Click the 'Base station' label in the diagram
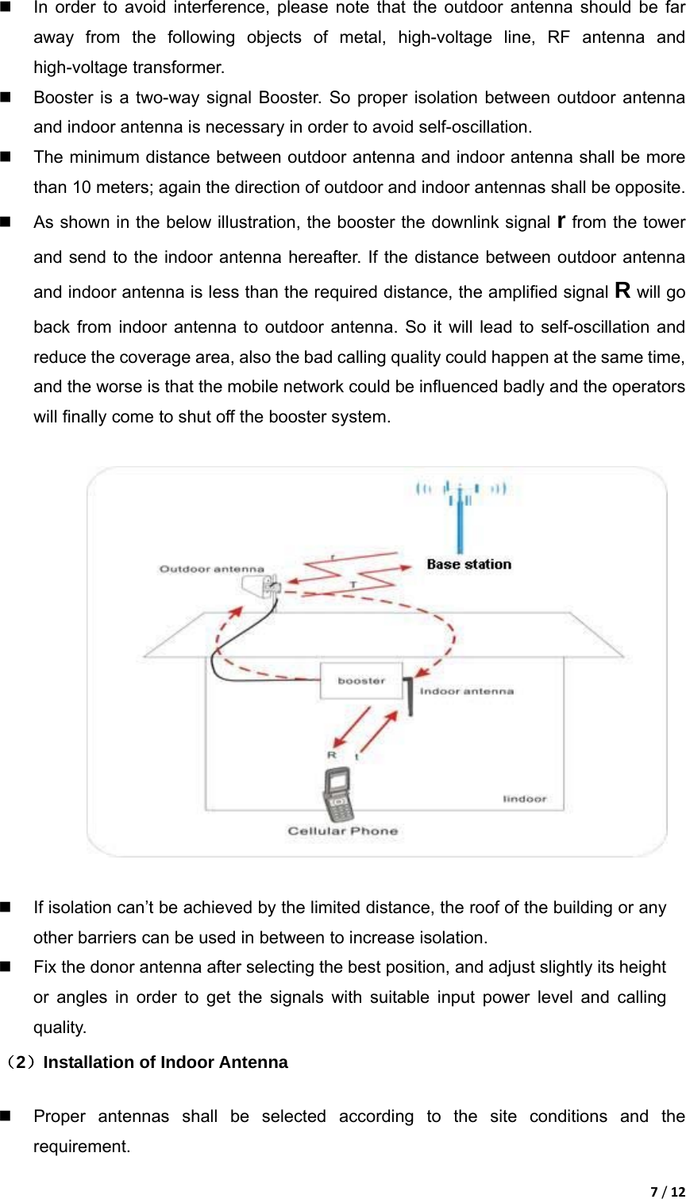[468, 565]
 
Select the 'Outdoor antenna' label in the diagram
[211, 569]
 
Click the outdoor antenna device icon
[263, 588]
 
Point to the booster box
[361, 680]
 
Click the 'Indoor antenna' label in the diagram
[467, 691]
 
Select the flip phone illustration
[338, 796]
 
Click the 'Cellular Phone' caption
[342, 831]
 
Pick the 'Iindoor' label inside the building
[525, 798]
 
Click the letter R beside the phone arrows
[332, 754]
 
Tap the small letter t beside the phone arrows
[356, 757]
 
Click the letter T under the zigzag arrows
[353, 584]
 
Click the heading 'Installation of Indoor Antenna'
[165, 1062]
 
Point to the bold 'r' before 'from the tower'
[562, 221]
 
